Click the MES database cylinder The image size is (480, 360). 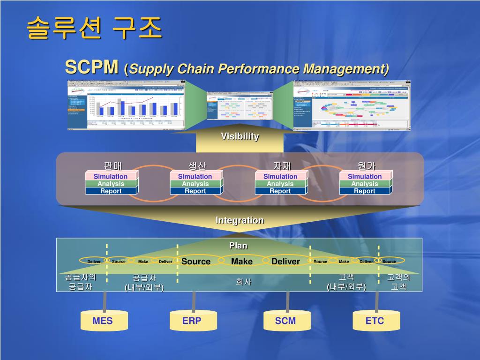pos(103,321)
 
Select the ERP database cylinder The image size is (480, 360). pos(193,321)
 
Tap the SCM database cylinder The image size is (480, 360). pos(286,321)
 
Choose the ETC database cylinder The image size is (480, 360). pos(375,321)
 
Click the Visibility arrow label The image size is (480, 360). pos(240,136)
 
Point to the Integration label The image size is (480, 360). pos(240,220)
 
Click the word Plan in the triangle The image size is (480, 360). pos(238,246)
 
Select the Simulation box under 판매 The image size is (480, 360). pos(111,176)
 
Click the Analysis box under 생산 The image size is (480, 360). pos(195,184)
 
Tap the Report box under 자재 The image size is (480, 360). pos(280,191)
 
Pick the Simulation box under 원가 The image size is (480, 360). pos(365,176)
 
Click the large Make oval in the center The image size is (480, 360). pos(242,261)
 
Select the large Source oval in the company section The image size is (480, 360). pos(196,261)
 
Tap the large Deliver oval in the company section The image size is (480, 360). pos(285,261)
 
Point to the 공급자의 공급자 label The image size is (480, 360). pos(80,282)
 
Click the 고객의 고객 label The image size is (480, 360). pos(398,282)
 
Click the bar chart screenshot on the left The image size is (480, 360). pos(126,105)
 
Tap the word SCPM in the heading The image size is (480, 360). pos(91,67)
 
